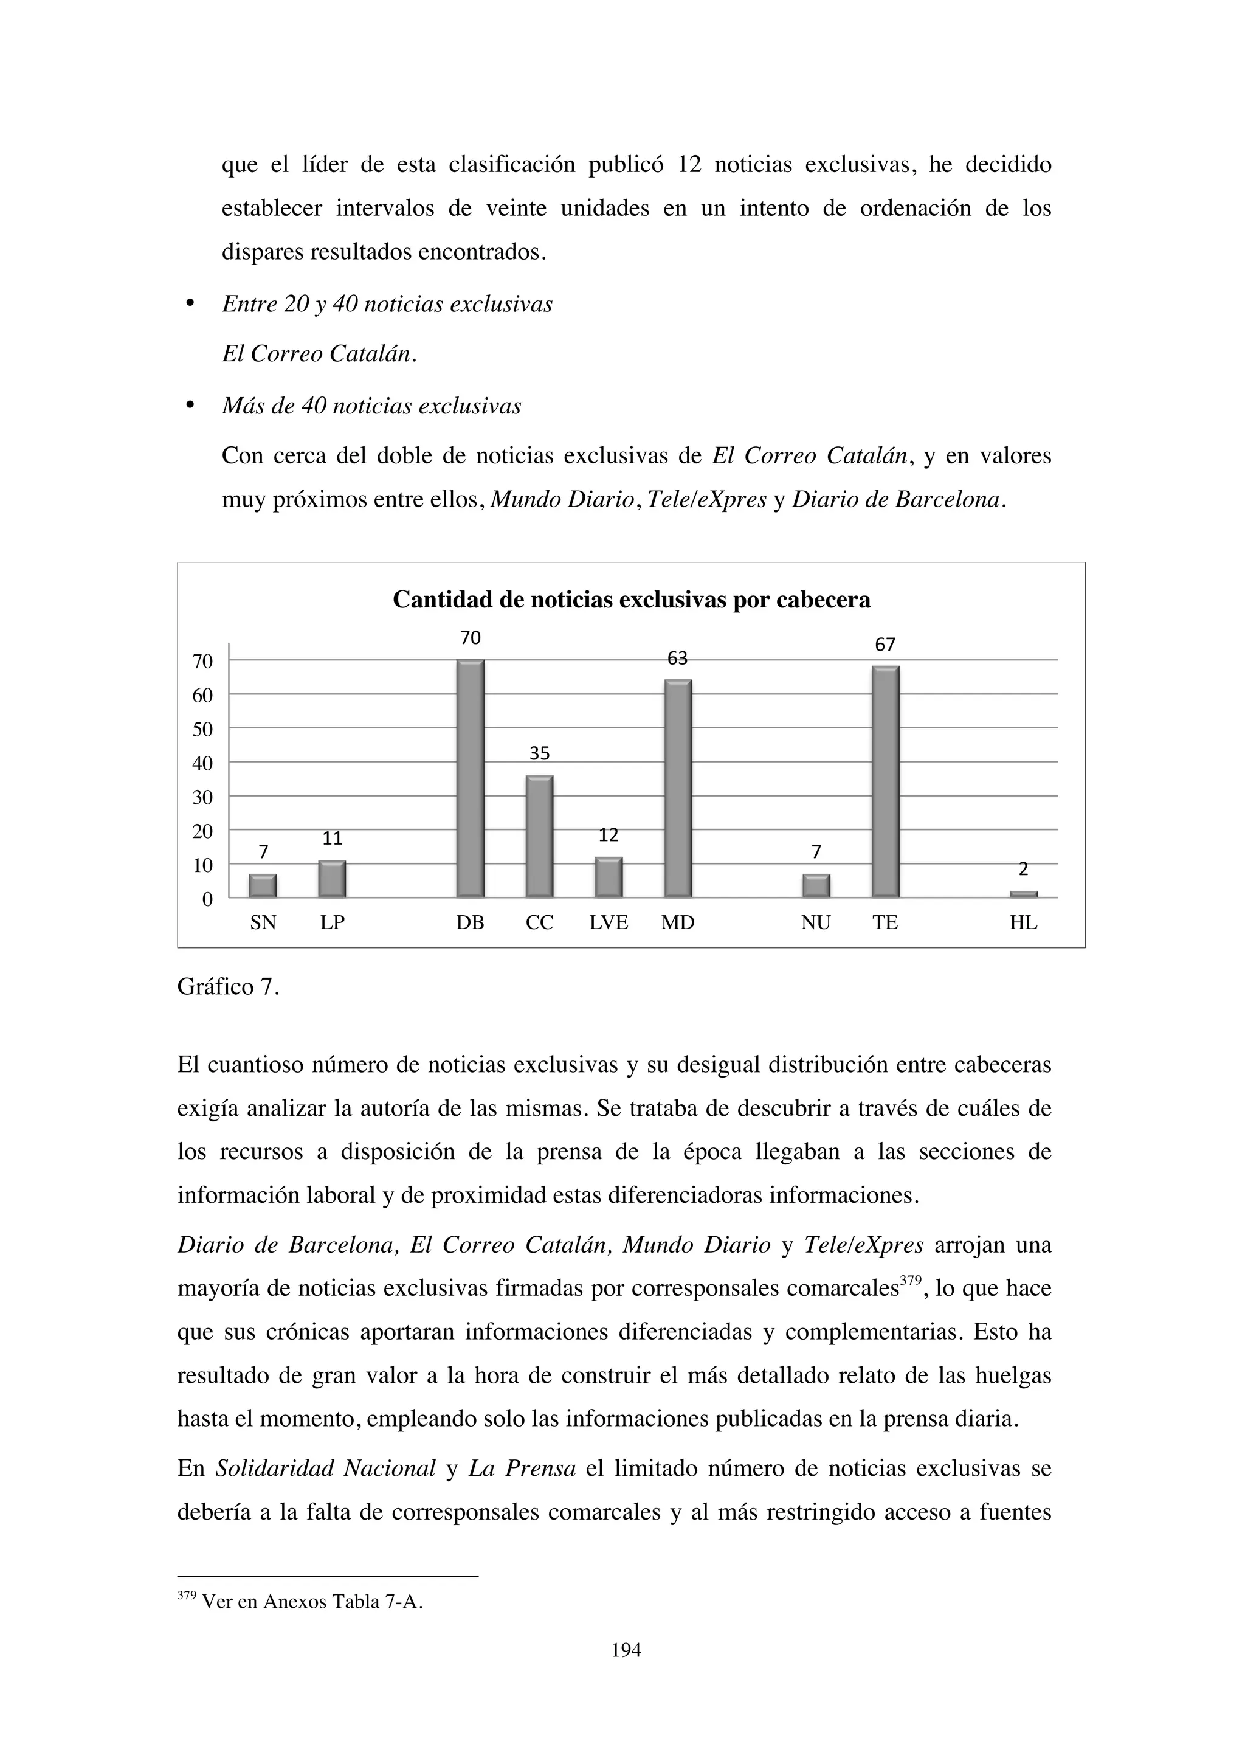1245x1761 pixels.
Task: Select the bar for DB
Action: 470,778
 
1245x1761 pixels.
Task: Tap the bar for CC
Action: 540,837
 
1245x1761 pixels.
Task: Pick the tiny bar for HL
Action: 1024,893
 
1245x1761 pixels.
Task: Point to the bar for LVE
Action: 609,877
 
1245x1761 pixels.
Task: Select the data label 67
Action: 886,645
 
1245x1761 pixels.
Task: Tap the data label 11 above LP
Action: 332,839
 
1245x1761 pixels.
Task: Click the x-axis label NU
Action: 816,922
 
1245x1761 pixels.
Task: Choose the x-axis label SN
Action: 263,922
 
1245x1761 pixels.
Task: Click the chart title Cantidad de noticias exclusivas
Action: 631,600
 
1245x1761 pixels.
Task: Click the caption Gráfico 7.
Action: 228,987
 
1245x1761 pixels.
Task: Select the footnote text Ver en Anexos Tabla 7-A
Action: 311,1602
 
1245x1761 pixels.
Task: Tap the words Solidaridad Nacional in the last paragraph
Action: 326,1469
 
